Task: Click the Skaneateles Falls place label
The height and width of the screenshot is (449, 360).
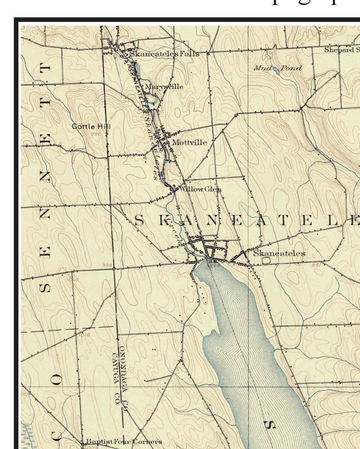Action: (x=164, y=53)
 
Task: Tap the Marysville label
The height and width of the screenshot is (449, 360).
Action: (x=164, y=86)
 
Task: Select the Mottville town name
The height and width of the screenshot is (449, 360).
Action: (x=190, y=143)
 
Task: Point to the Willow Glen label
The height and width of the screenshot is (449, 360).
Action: (x=200, y=189)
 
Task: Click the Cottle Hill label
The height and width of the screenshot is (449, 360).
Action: (x=91, y=126)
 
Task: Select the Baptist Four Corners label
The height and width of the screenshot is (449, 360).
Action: (x=123, y=441)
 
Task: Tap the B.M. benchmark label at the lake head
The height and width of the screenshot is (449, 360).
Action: (x=213, y=261)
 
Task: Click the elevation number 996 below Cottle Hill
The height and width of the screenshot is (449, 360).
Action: (x=96, y=134)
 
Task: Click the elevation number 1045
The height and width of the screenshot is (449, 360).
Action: (x=72, y=280)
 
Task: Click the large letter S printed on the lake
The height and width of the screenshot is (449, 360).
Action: (x=270, y=425)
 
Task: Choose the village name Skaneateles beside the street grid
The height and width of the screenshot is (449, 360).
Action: (x=279, y=253)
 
